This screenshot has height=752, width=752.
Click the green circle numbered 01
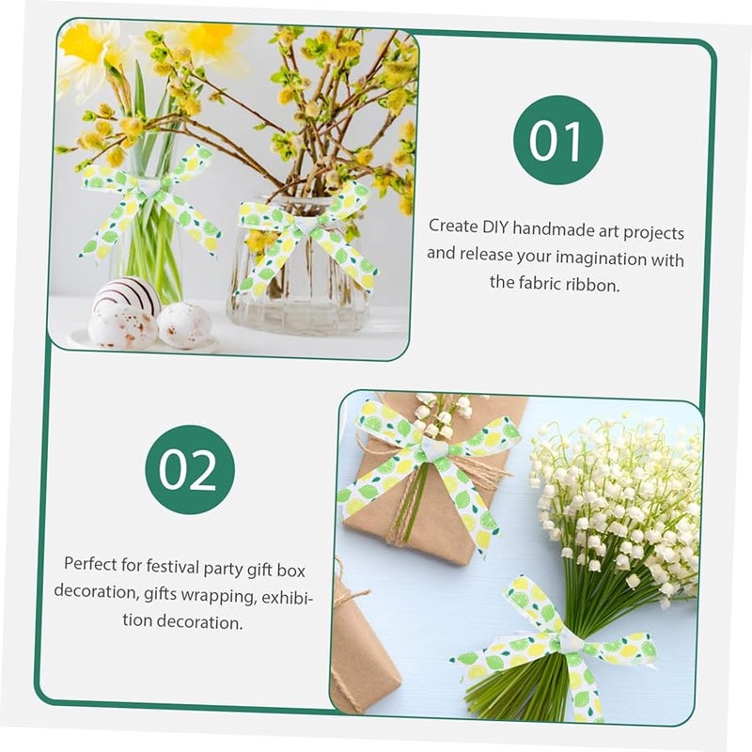(557, 139)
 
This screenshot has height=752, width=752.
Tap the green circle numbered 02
(190, 469)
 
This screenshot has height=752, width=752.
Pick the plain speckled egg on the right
(183, 324)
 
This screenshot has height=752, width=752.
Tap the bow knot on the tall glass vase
(149, 188)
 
